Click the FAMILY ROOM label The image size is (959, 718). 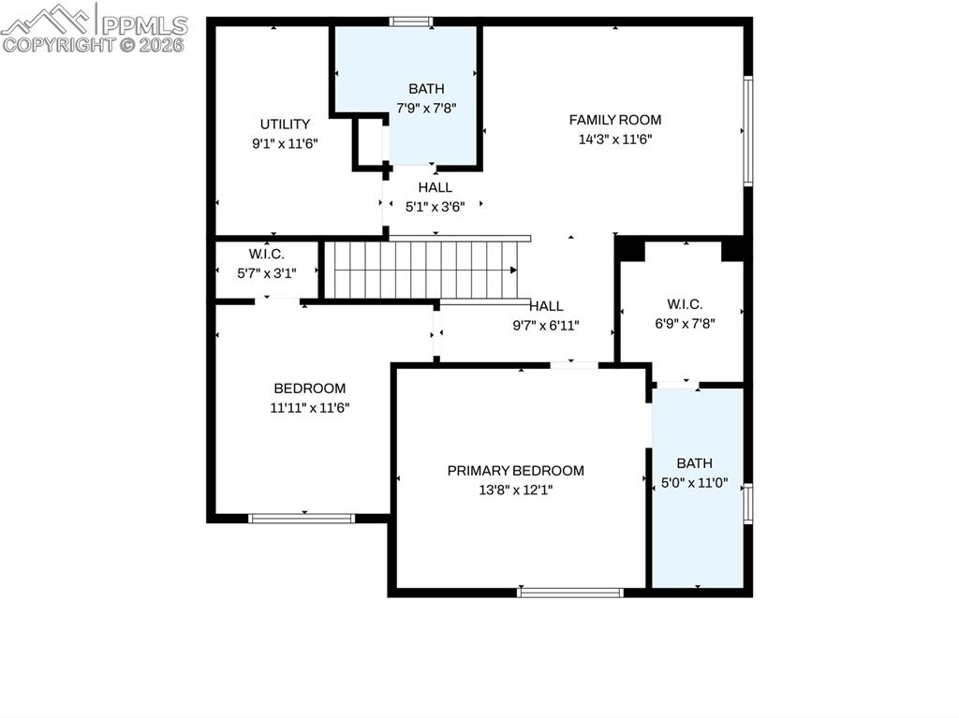click(x=614, y=120)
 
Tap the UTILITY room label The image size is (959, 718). click(x=285, y=125)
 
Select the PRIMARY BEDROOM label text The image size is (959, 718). click(x=516, y=471)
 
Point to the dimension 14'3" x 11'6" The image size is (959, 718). click(x=615, y=139)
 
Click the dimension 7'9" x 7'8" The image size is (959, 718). click(x=426, y=109)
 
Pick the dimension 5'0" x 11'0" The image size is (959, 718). click(x=695, y=483)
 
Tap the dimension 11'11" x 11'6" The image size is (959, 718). click(x=310, y=408)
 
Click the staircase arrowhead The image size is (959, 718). click(x=514, y=271)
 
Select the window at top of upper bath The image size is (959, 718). click(x=411, y=22)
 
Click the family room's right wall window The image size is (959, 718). click(x=747, y=130)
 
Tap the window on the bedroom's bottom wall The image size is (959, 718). click(x=302, y=519)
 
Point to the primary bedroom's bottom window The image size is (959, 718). click(x=570, y=593)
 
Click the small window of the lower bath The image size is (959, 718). click(x=747, y=504)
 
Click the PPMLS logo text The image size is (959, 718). click(x=144, y=25)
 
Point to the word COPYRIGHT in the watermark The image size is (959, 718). click(x=60, y=45)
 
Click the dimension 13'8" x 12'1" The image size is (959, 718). click(x=516, y=491)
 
